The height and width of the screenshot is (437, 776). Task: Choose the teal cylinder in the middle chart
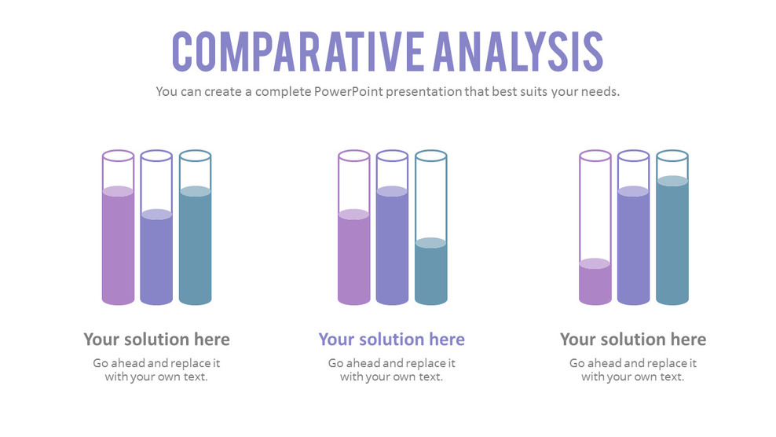430,272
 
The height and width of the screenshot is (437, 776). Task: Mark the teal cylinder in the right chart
672,241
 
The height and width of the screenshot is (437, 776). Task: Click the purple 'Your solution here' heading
391,340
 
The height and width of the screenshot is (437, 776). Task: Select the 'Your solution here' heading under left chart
156,340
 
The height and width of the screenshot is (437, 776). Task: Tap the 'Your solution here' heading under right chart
633,340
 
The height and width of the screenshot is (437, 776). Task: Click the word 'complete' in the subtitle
279,91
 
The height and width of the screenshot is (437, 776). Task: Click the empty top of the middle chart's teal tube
430,196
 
